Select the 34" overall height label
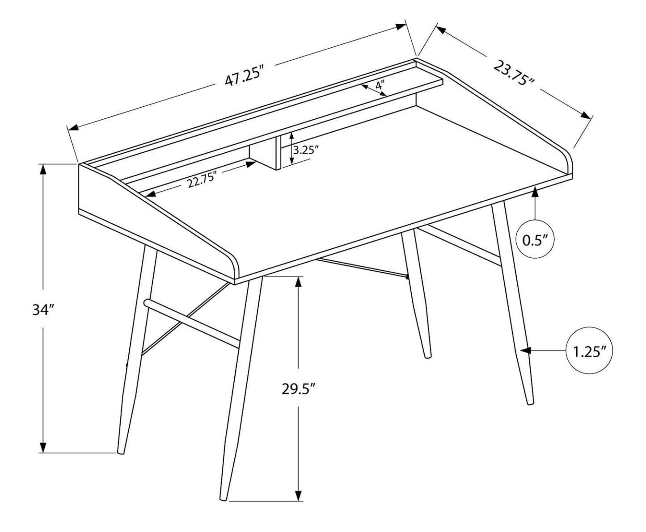coord(43,310)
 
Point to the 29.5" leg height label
coord(299,389)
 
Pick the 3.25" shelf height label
coord(306,149)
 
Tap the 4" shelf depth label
coord(380,85)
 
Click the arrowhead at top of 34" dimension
coord(43,169)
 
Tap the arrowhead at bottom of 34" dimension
coord(43,447)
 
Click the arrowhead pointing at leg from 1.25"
coord(526,351)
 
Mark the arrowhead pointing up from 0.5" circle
coord(535,193)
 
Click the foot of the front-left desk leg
coord(224,497)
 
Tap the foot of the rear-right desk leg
coord(428,356)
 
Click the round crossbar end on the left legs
coord(147,303)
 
